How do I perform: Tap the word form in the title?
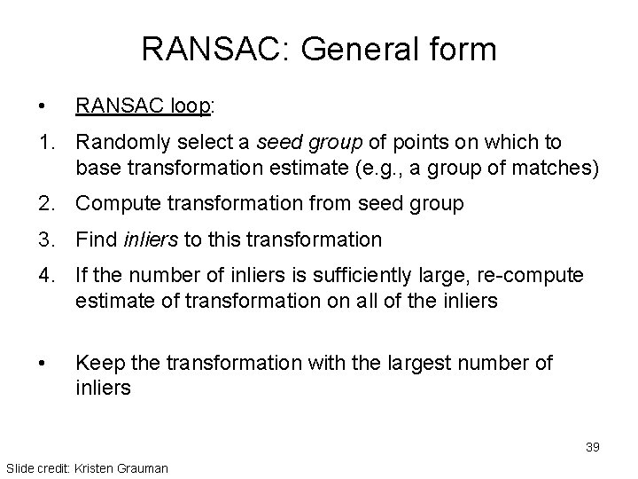click(x=462, y=49)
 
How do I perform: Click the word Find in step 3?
click(x=94, y=239)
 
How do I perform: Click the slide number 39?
click(x=592, y=446)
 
